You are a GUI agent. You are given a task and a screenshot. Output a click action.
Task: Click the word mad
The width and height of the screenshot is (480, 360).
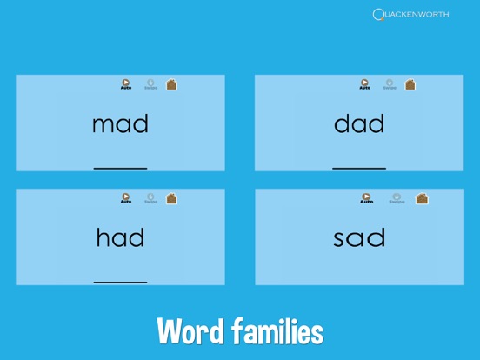pyautogui.click(x=120, y=124)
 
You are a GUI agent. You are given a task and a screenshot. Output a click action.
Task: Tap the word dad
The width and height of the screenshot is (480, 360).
pyautogui.click(x=359, y=124)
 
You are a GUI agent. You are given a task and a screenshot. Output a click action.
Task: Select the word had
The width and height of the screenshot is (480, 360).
pyautogui.click(x=120, y=237)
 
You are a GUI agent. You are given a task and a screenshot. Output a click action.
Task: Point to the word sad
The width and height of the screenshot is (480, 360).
pyautogui.click(x=359, y=237)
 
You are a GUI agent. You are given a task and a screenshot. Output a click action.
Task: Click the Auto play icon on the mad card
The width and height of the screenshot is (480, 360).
pyautogui.click(x=126, y=84)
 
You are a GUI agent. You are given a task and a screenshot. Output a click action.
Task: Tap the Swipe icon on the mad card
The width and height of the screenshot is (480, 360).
pyautogui.click(x=150, y=84)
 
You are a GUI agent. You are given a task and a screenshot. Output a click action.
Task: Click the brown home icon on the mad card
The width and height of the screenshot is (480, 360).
pyautogui.click(x=171, y=84)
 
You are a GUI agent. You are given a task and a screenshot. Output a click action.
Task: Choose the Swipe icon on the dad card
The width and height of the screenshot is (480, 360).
pyautogui.click(x=390, y=84)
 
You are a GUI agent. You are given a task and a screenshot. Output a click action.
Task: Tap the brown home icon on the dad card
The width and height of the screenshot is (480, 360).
pyautogui.click(x=410, y=84)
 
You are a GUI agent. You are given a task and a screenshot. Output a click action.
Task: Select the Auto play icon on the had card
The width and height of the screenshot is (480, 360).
pyautogui.click(x=126, y=198)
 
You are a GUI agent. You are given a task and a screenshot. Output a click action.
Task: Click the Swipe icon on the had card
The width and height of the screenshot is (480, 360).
pyautogui.click(x=150, y=198)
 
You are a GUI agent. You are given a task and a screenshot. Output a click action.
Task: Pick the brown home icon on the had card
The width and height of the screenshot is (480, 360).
pyautogui.click(x=171, y=198)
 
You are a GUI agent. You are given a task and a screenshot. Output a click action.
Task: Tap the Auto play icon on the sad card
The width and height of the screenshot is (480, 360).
pyautogui.click(x=366, y=198)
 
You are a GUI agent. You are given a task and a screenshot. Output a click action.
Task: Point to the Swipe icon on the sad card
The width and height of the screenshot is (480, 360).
pyautogui.click(x=397, y=198)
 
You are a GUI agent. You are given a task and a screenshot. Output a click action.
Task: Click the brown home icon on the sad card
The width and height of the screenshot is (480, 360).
pyautogui.click(x=422, y=198)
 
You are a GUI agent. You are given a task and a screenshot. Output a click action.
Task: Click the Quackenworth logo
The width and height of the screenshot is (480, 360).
pyautogui.click(x=410, y=14)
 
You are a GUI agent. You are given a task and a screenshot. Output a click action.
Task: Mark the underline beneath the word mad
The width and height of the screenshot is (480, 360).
pyautogui.click(x=120, y=168)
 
